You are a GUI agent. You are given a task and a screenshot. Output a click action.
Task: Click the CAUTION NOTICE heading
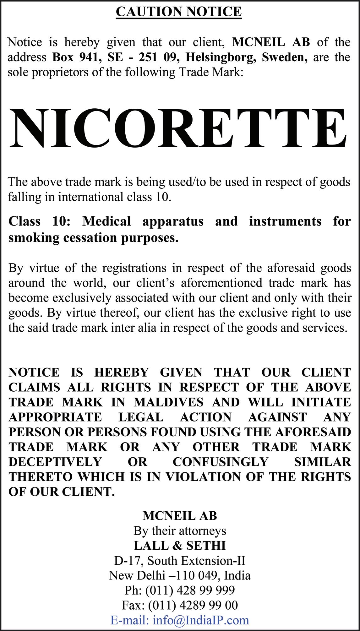[x=179, y=12]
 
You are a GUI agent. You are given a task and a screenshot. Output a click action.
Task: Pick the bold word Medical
[x=106, y=221]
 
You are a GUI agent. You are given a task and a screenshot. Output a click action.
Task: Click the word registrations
[x=134, y=268]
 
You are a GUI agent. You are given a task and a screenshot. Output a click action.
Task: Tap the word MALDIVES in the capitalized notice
[x=168, y=402]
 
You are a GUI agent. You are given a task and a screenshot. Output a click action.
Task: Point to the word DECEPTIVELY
[x=55, y=462]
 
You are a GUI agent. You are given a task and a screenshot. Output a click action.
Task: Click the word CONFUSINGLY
[x=221, y=462]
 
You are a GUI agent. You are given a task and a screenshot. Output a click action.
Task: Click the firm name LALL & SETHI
[x=180, y=546]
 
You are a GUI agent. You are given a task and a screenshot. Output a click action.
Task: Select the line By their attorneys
[x=180, y=531]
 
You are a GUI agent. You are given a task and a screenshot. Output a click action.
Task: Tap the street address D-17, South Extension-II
[x=180, y=561]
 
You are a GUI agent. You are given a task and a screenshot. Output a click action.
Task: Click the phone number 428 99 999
[x=206, y=590]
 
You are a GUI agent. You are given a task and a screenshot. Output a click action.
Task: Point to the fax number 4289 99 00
[x=209, y=605]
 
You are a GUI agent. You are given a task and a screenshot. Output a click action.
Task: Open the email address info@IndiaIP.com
[x=201, y=620]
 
